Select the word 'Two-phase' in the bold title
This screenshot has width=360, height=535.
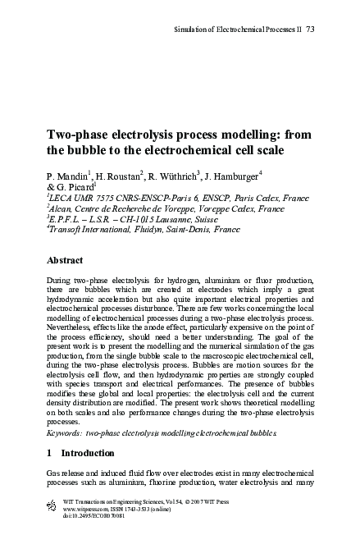(78, 135)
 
